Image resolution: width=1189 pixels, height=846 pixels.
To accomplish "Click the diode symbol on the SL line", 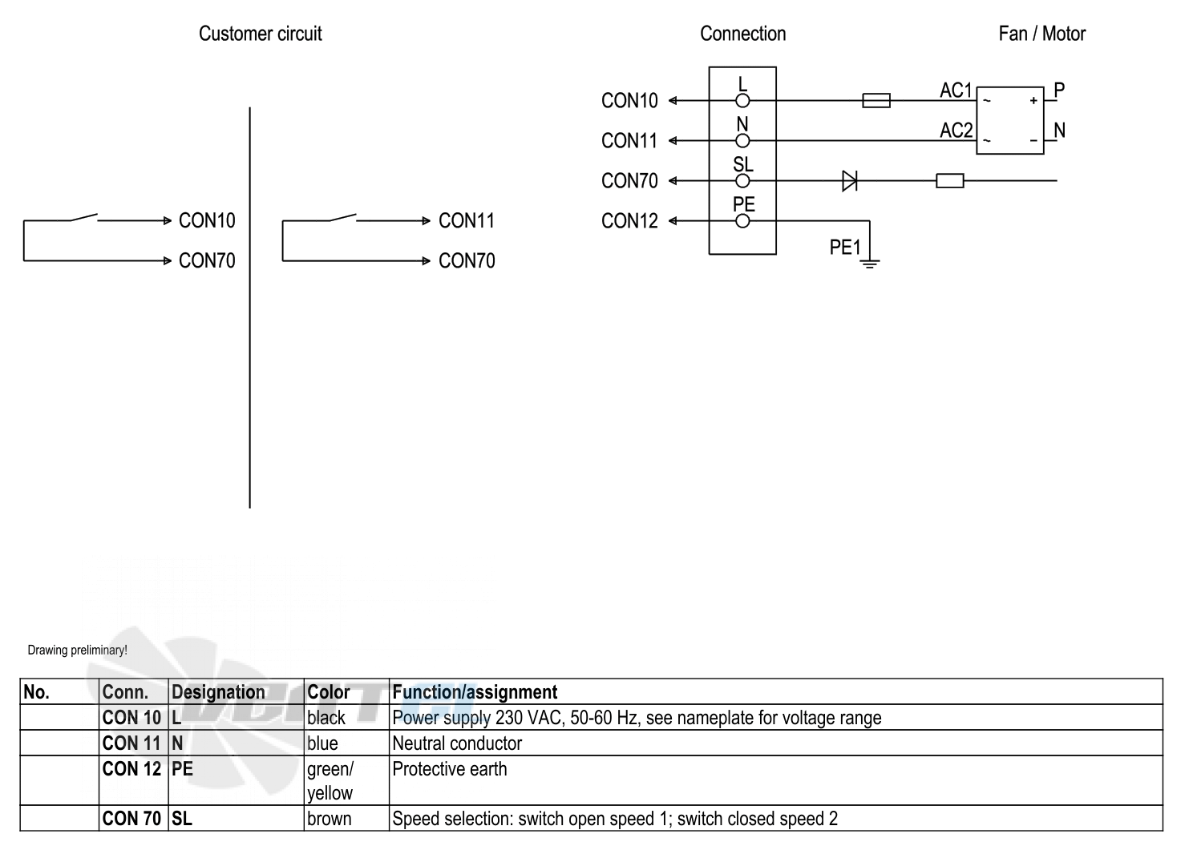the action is coord(850,181).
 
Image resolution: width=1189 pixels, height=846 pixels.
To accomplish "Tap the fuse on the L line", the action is coord(876,100).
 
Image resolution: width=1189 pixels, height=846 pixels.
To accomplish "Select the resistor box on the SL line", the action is coord(950,181).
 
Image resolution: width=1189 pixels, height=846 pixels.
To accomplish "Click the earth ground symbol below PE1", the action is coord(869,263).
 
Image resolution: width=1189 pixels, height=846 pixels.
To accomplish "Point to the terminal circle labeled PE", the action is coord(742,221).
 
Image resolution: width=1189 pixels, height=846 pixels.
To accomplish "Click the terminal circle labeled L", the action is coord(742,100).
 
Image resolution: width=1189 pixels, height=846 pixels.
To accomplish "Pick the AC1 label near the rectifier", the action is coord(956,91).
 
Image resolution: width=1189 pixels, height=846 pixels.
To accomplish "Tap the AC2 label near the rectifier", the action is coord(956,131).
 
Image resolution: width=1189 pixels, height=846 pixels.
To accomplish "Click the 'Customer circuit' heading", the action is coord(260,34).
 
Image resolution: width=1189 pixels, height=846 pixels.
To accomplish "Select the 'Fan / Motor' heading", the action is coord(1042,34).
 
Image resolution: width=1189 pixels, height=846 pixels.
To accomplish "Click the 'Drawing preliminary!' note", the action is coord(78,650).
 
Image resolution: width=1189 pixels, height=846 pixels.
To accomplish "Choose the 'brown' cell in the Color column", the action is coord(329,819).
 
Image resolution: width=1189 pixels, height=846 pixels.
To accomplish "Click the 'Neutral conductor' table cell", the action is coord(457,743).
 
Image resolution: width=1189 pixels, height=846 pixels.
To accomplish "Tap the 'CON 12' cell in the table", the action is coord(131,768).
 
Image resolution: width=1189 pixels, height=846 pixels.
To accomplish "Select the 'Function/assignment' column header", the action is coord(475,691).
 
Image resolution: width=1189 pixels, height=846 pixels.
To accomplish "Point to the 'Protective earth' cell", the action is coord(450,768).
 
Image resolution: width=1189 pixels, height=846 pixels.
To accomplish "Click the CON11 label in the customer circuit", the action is coord(467,220).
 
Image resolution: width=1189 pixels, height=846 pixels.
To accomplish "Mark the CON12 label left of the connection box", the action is coord(629,221).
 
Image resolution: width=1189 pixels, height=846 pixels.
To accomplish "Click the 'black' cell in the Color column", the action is coord(326,718).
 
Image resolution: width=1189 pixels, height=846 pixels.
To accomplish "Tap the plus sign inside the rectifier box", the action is coord(1033,100).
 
